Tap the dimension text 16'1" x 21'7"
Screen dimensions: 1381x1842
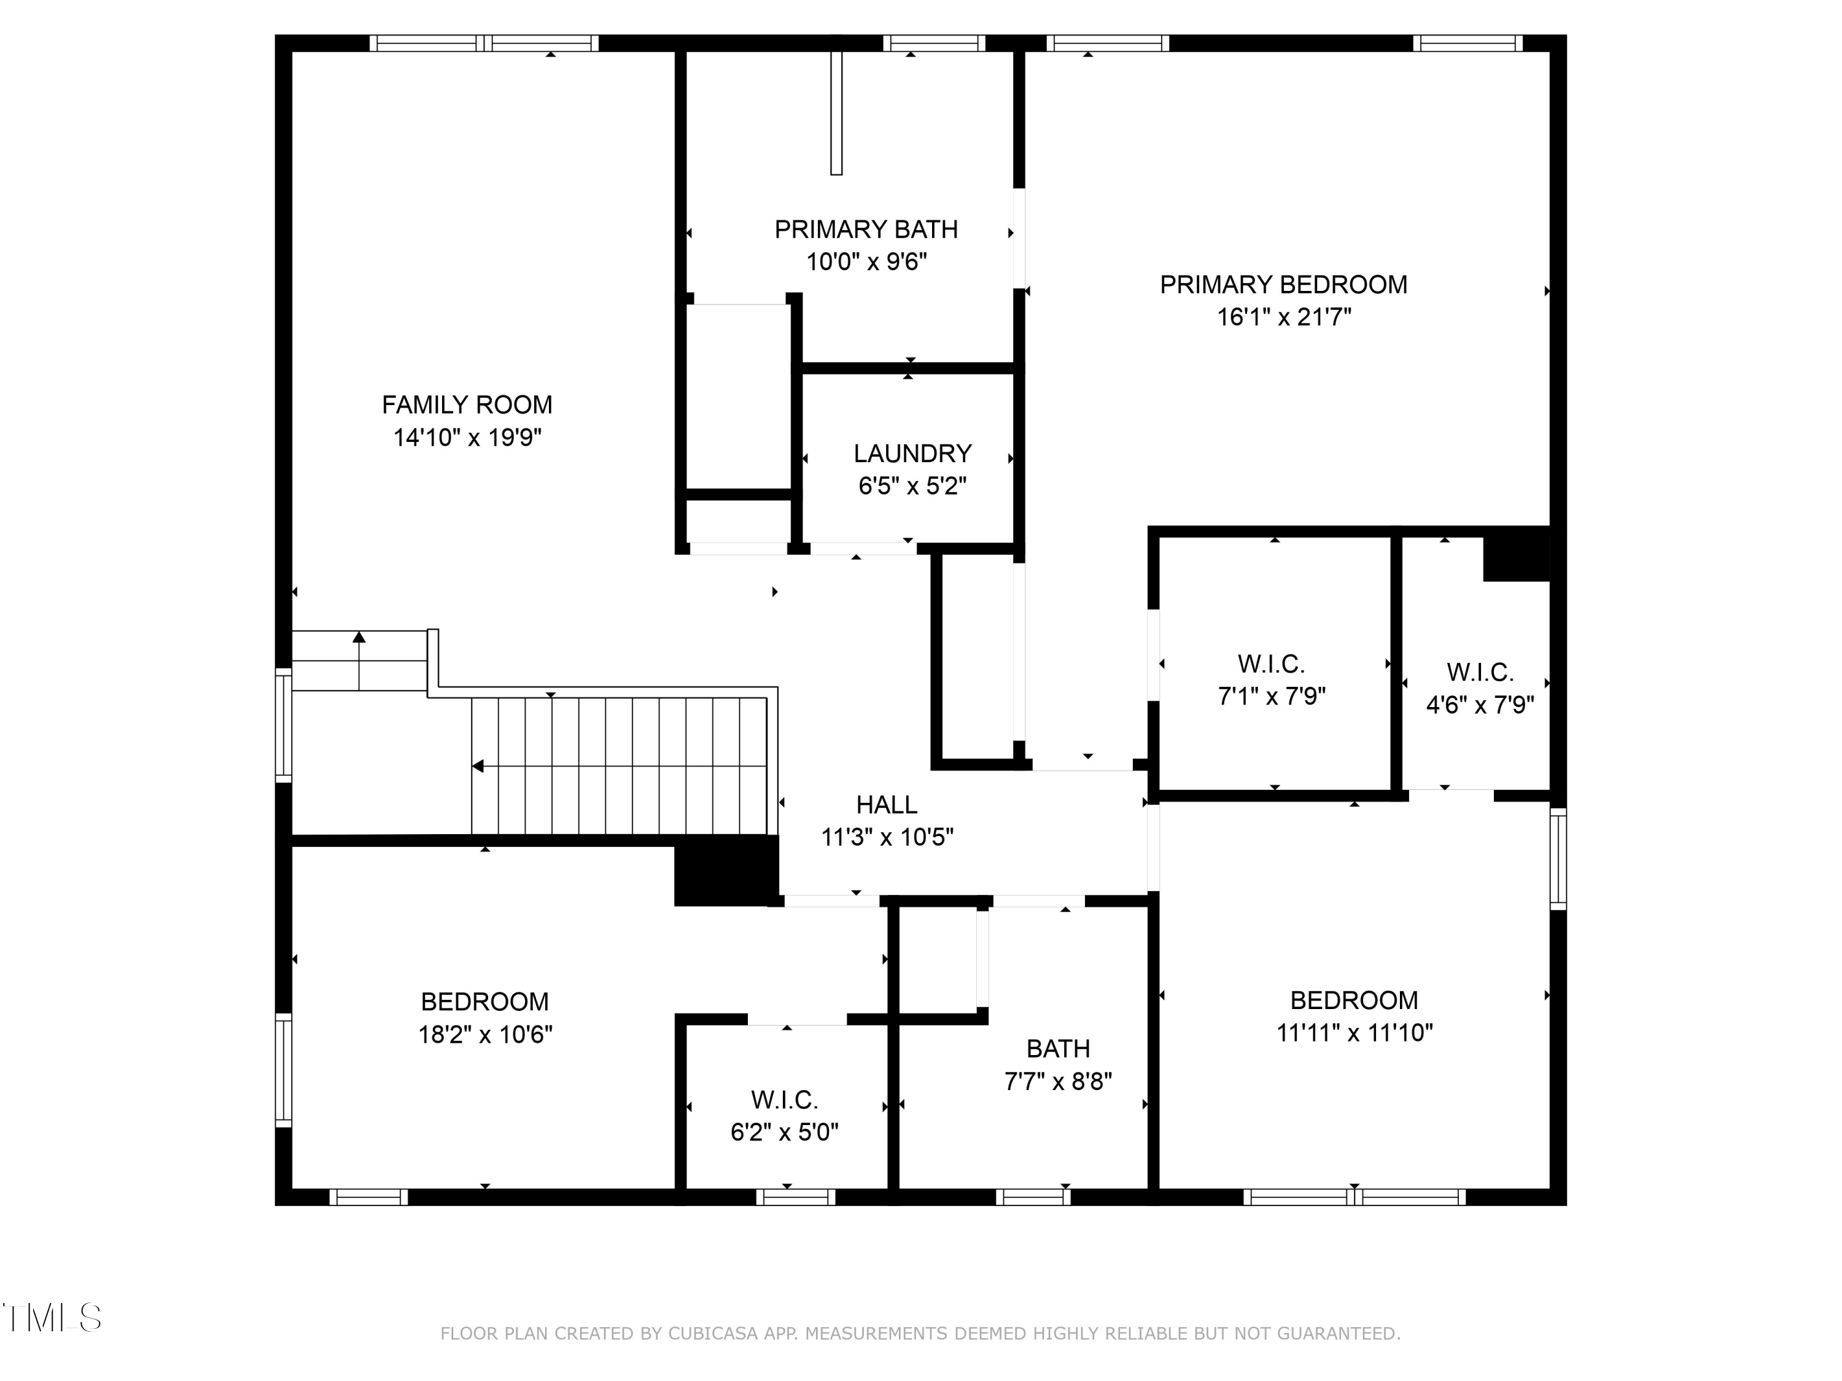coord(1283,317)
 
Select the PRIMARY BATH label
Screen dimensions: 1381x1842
coord(866,230)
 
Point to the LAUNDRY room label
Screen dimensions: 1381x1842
coord(912,454)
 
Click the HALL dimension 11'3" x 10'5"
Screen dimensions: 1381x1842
coord(887,837)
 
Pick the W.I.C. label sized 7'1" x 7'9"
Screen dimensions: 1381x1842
coord(1271,664)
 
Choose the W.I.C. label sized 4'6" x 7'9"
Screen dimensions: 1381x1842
coord(1480,673)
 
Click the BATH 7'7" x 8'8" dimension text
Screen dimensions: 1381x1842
coord(1057,1081)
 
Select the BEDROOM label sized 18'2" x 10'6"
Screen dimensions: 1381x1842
coord(484,1002)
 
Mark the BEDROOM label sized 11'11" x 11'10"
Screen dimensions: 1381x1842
coord(1354,1000)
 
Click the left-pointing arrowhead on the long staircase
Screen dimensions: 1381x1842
coord(478,766)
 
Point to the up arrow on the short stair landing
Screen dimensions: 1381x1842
coord(359,638)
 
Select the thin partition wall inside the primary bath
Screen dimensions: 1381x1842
coord(836,112)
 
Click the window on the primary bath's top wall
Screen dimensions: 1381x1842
coord(933,44)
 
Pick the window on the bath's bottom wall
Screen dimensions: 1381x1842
coord(1033,1197)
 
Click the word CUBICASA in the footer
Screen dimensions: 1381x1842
coord(712,1334)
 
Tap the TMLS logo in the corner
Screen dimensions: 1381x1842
coord(52,1318)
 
